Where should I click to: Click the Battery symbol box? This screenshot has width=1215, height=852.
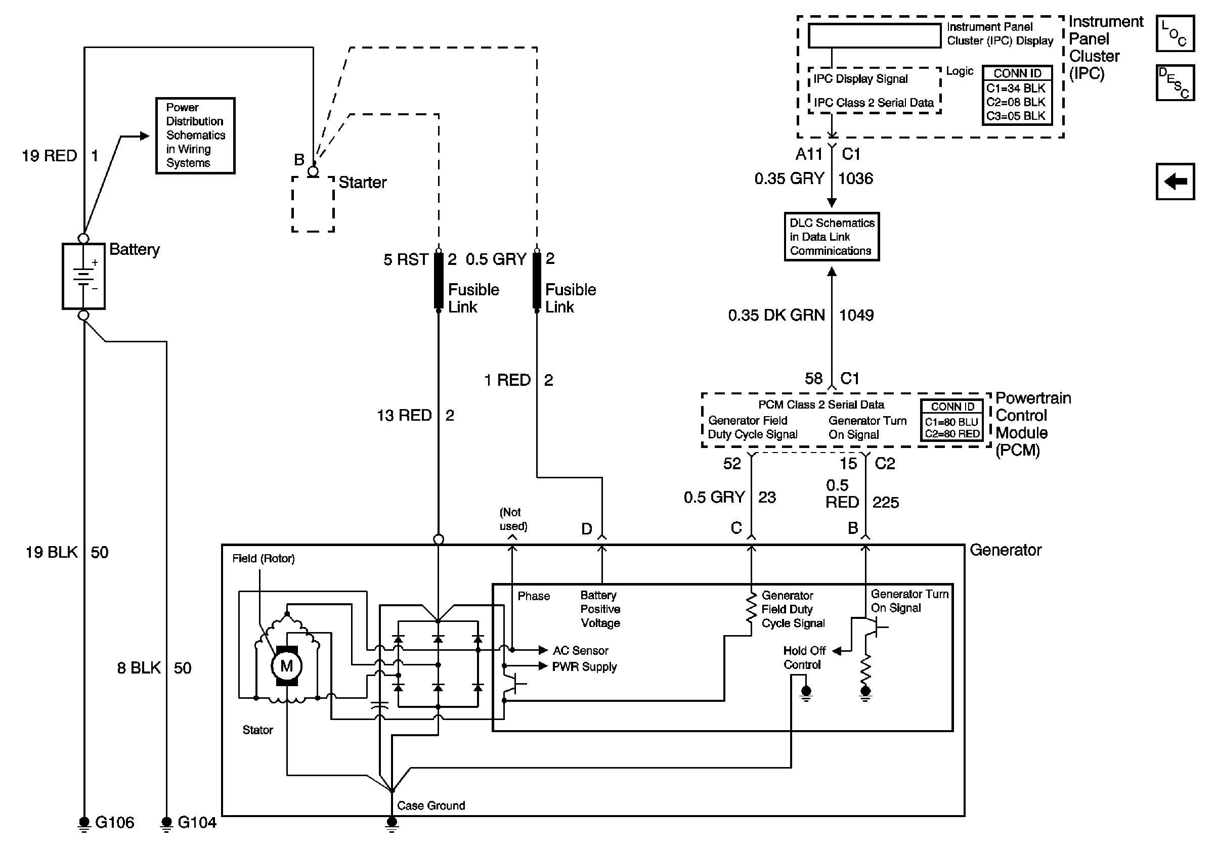(83, 276)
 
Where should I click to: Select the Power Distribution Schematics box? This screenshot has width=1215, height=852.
(195, 136)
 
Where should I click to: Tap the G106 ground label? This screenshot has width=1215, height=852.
(114, 822)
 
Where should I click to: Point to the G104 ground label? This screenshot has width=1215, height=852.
(197, 822)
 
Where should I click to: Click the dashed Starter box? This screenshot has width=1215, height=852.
(313, 204)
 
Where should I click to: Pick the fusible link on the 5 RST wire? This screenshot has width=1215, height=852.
(439, 280)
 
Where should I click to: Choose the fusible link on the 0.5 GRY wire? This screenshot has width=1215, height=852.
(537, 280)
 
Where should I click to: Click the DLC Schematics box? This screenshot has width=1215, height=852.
(832, 237)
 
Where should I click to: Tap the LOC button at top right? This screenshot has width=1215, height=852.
(1175, 33)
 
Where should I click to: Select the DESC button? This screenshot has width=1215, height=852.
(1175, 82)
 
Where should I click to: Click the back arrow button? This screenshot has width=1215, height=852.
(1175, 182)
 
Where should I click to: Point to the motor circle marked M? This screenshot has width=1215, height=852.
(286, 666)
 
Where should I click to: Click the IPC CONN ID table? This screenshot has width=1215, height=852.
(1017, 95)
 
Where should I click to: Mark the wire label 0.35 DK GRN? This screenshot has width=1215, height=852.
(776, 315)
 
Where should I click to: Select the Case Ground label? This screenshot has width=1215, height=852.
(431, 805)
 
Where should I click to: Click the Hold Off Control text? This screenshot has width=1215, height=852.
(804, 657)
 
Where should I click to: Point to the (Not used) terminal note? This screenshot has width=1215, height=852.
(513, 519)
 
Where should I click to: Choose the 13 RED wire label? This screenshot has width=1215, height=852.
(404, 416)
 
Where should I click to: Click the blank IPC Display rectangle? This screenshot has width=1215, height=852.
(874, 36)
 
